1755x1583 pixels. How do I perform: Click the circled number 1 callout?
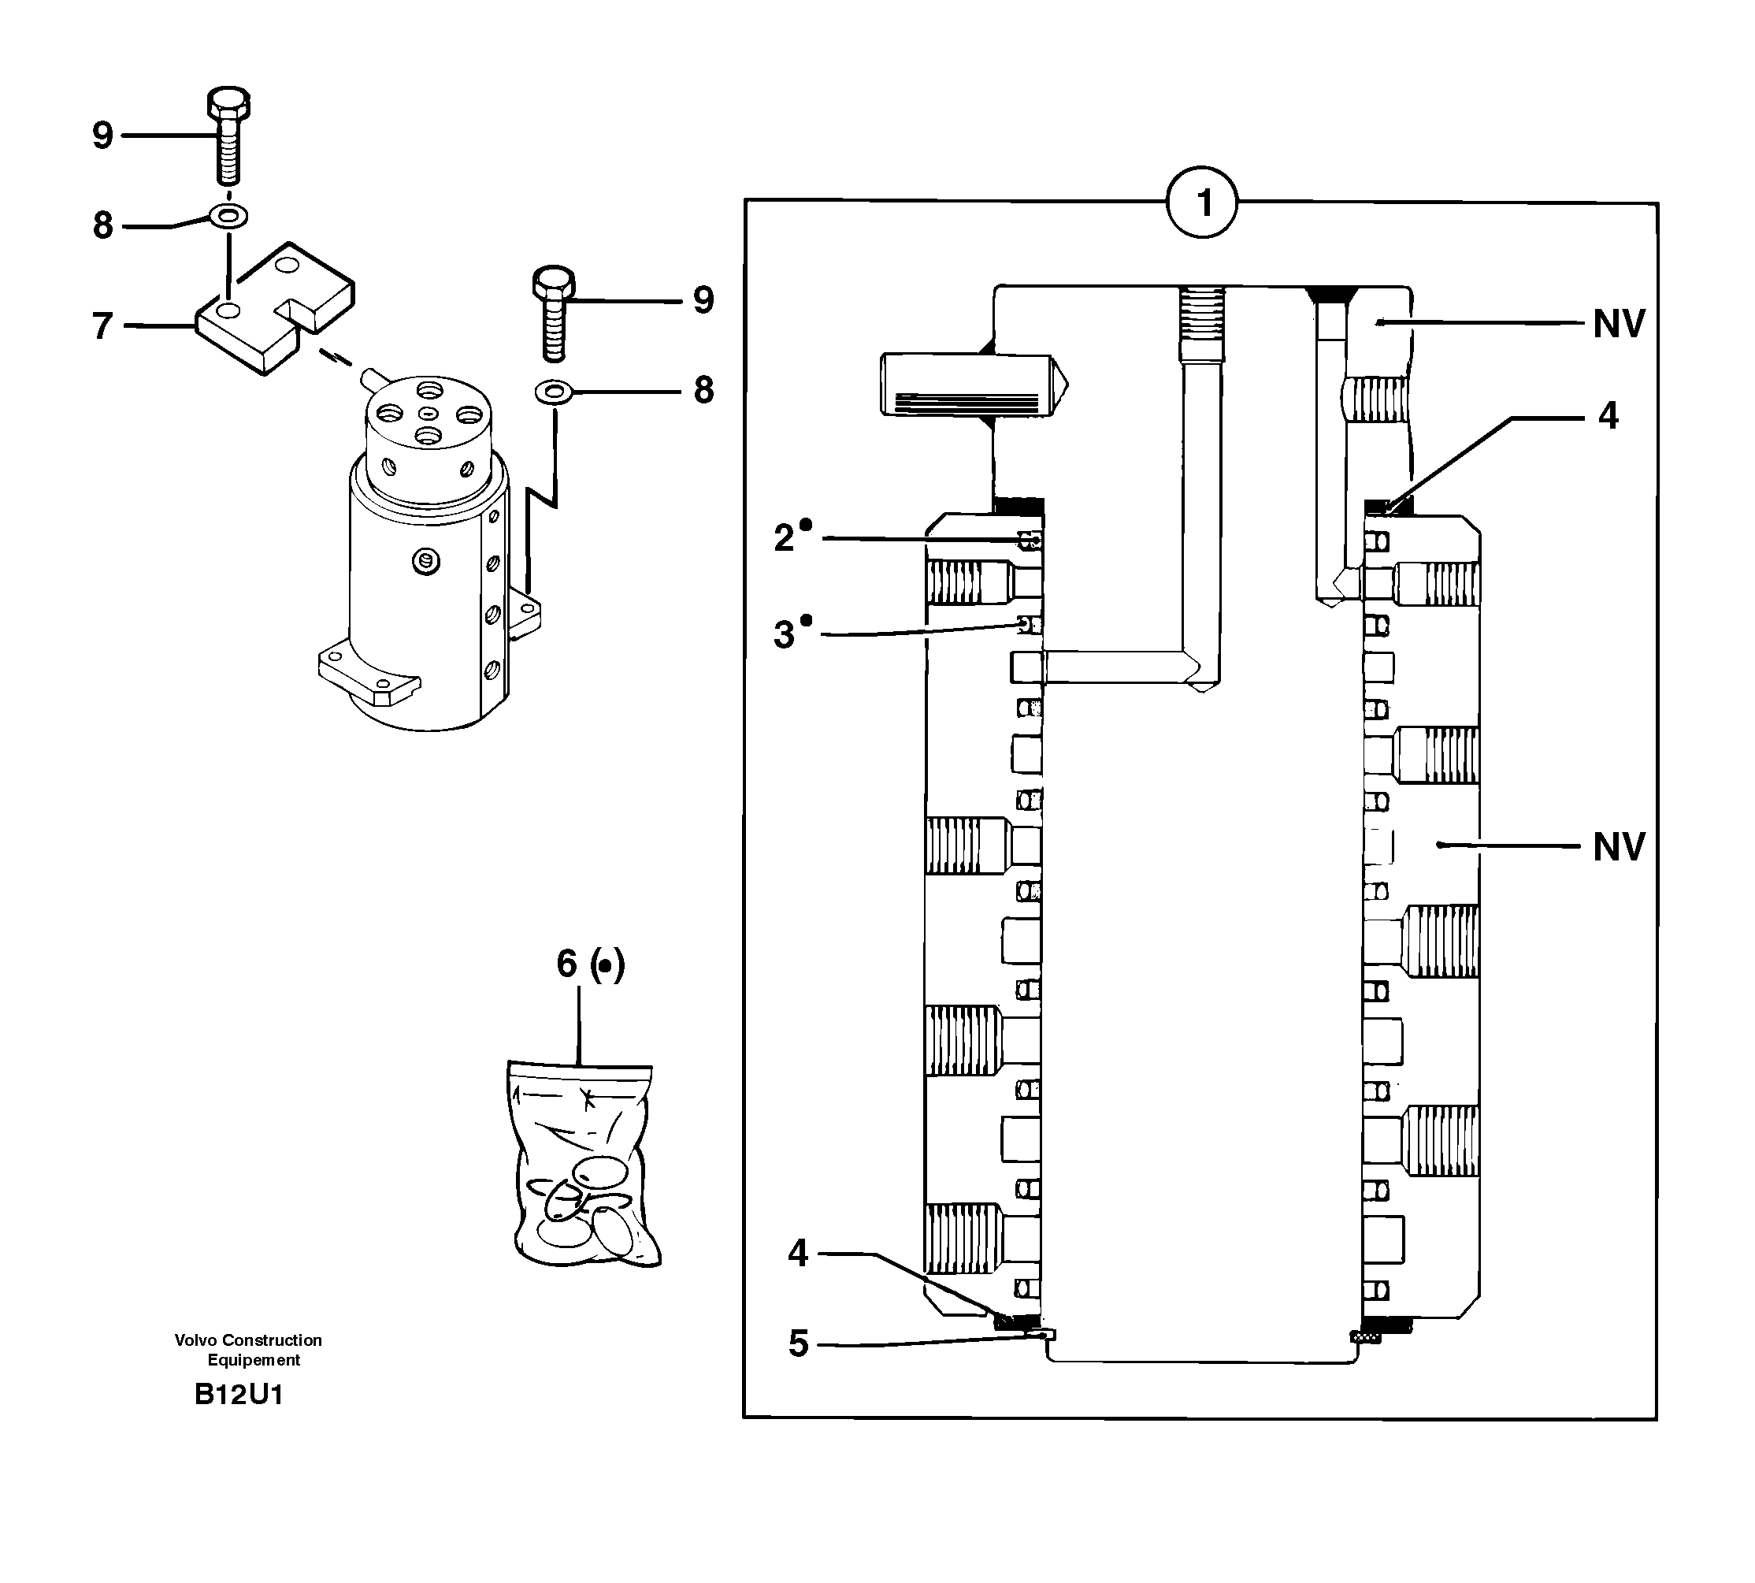coord(1203,203)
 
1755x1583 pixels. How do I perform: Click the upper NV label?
coord(1619,325)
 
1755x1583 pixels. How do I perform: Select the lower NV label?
coord(1619,846)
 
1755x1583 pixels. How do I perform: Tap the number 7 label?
coord(102,326)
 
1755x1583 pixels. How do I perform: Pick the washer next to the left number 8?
coord(228,214)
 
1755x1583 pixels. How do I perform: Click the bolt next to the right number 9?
coord(553,313)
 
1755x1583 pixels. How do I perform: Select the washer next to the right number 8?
coord(553,392)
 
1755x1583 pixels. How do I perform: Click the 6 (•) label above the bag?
coord(590,964)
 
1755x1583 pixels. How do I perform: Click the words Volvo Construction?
coord(248,1340)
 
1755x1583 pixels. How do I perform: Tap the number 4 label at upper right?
coord(1608,416)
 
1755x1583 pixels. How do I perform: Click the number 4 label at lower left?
coord(797,1254)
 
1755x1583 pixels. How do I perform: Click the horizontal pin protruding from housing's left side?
coord(972,384)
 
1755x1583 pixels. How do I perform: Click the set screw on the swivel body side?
coord(425,562)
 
